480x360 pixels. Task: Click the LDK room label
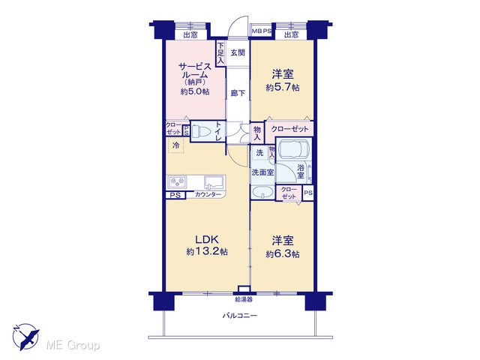(207, 239)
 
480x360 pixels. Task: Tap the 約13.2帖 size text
(207, 252)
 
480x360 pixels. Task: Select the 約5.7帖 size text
(283, 88)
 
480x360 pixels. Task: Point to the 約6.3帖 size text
(283, 254)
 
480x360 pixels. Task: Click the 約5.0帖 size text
(195, 91)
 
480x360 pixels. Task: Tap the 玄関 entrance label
(238, 52)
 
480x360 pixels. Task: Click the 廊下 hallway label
(238, 93)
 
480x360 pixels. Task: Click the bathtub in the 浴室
(293, 150)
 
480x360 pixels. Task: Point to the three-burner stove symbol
(177, 182)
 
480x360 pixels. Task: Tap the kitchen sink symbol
(214, 183)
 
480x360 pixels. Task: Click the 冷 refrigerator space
(175, 145)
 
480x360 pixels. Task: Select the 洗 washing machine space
(259, 152)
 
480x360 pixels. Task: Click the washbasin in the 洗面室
(262, 193)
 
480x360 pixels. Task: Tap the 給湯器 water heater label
(244, 300)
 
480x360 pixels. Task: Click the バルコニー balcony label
(240, 315)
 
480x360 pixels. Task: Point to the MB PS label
(262, 31)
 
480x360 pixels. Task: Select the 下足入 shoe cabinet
(220, 53)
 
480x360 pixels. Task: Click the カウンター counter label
(208, 194)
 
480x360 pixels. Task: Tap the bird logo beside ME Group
(26, 337)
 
